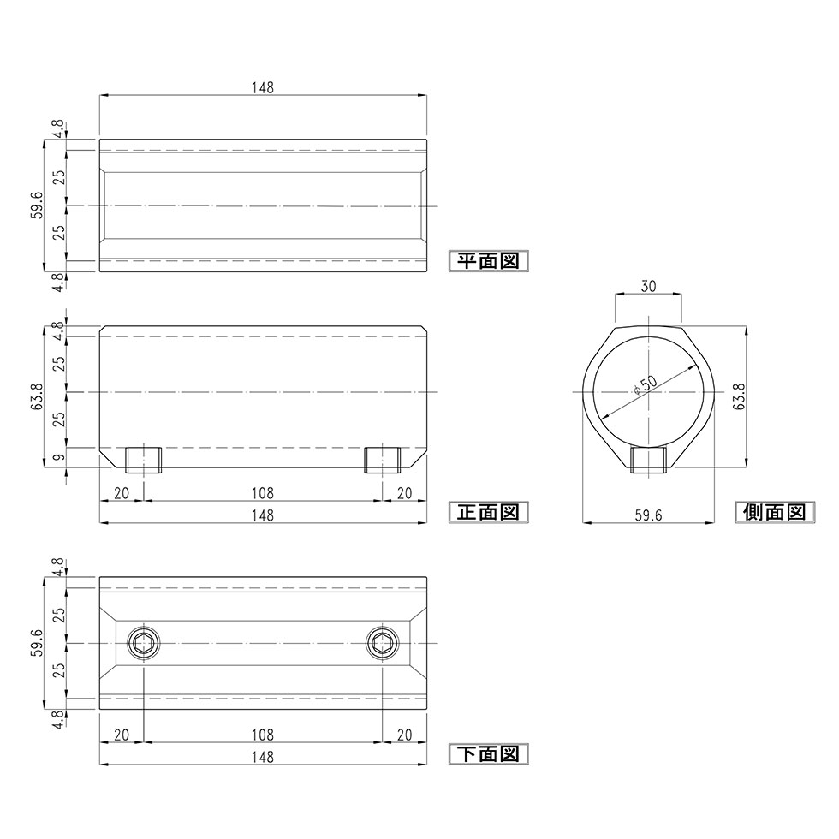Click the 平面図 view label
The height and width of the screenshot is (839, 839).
pos(488,261)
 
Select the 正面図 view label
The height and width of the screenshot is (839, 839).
pos(488,512)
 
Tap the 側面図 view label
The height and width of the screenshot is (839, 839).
pos(774,512)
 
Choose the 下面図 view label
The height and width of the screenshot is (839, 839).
pos(488,754)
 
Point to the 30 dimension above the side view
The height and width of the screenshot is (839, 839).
pos(648,286)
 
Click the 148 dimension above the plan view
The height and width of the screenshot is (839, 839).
pos(263,87)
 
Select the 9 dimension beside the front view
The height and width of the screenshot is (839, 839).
pos(60,457)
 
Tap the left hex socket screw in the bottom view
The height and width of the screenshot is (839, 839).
pos(145,643)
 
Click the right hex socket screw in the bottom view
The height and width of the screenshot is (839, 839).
pos(383,643)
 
